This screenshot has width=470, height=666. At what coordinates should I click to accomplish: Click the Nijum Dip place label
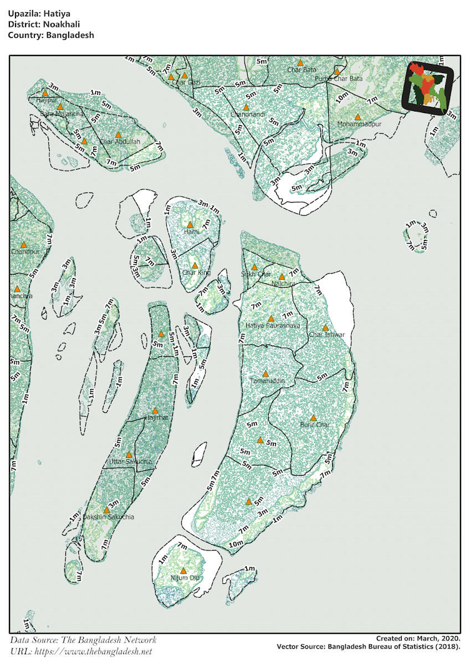click(x=185, y=578)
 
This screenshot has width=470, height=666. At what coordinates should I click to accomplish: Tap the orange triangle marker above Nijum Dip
click(x=183, y=570)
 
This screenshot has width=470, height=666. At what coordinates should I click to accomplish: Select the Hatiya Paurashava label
click(x=272, y=325)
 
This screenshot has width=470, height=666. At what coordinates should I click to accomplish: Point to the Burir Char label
click(x=315, y=425)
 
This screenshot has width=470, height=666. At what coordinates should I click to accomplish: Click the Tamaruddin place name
click(x=267, y=381)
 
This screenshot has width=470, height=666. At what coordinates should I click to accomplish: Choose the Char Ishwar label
click(x=327, y=335)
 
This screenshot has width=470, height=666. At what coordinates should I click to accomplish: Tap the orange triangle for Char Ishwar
click(x=325, y=327)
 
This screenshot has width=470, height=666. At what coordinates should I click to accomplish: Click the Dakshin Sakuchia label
click(x=108, y=517)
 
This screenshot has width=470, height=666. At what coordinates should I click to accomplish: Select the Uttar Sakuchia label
click(x=130, y=461)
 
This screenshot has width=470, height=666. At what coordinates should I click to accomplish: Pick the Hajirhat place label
click(x=156, y=417)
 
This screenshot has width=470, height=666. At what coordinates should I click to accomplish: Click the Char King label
click(x=196, y=273)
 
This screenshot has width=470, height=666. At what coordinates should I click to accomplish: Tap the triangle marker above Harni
click(x=190, y=224)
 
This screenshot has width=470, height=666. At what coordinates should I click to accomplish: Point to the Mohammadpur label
click(x=360, y=124)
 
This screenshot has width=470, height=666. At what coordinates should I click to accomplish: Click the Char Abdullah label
click(x=120, y=142)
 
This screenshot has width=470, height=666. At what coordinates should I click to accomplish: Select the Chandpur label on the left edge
click(x=25, y=251)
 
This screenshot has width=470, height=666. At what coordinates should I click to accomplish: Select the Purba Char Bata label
click(x=339, y=79)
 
